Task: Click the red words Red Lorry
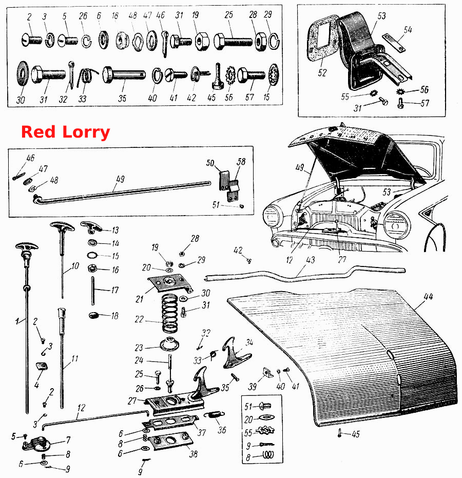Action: pos(66,132)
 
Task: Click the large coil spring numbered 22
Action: pos(170,313)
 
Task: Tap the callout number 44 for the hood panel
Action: pos(428,296)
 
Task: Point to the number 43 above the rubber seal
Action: pos(310,260)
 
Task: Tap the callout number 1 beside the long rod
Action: pos(17,321)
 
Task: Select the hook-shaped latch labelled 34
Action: pos(235,353)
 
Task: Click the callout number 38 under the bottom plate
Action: pos(193,454)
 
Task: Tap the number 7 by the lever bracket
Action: pos(68,440)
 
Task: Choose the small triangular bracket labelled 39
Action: pos(267,373)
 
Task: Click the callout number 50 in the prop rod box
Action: pos(210,163)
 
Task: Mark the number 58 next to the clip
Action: pos(241,162)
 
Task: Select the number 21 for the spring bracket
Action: pos(139,299)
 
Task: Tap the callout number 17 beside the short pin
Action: pos(114,290)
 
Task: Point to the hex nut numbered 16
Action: pos(92,269)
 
